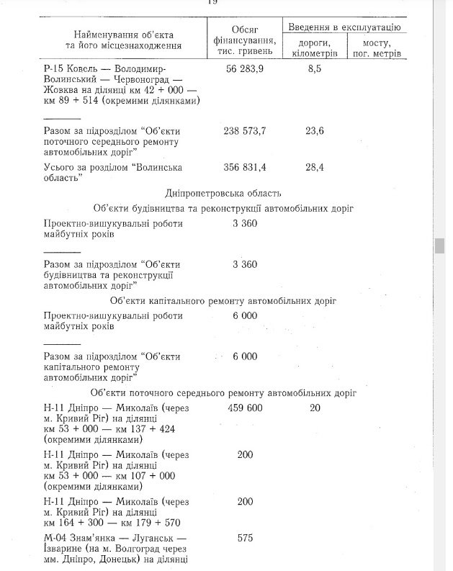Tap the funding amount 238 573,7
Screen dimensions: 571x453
tap(245, 131)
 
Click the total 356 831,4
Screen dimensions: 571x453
tap(245, 167)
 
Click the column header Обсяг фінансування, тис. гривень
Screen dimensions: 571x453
tap(244, 40)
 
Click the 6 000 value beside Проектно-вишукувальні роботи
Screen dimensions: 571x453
tap(245, 315)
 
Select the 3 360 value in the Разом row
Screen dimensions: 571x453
tap(245, 264)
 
